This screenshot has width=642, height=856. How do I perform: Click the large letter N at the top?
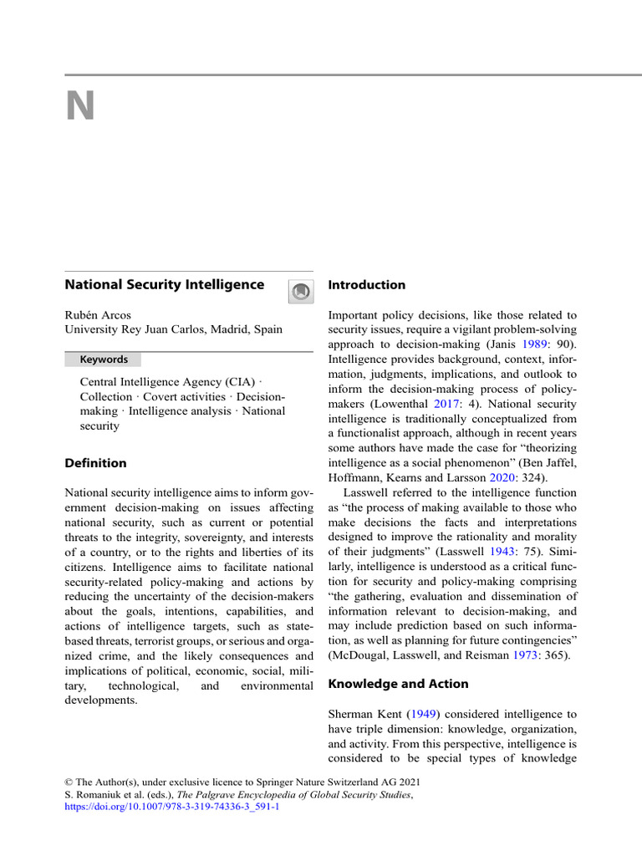(80, 106)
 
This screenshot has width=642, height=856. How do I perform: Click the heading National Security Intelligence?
(165, 285)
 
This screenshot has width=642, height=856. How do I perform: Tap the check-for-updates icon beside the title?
(300, 291)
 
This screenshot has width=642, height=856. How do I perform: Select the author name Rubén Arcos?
(99, 314)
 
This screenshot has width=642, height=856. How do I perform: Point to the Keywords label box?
(104, 359)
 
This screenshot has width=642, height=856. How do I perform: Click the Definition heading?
(96, 463)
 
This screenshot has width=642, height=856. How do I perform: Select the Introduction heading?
(366, 285)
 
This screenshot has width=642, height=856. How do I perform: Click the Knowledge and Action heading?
(398, 684)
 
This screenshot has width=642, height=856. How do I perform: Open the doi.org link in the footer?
(171, 808)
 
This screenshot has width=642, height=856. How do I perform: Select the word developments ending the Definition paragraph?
(100, 700)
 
